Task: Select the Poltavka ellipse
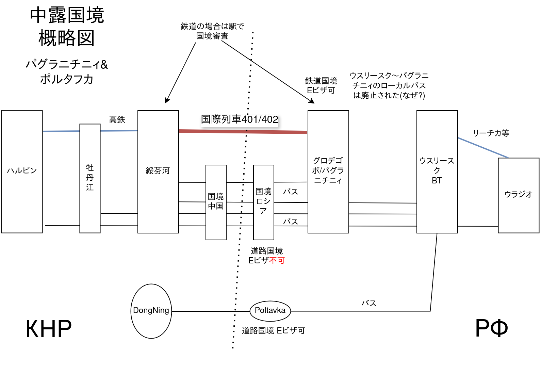click(270, 310)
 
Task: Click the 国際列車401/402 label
click(240, 119)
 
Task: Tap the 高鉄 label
click(117, 120)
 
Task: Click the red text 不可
click(277, 261)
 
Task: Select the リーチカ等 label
click(491, 133)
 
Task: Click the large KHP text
click(49, 329)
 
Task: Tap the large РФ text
click(491, 328)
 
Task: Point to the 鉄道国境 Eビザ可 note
click(321, 85)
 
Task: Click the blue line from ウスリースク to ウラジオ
click(483, 148)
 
